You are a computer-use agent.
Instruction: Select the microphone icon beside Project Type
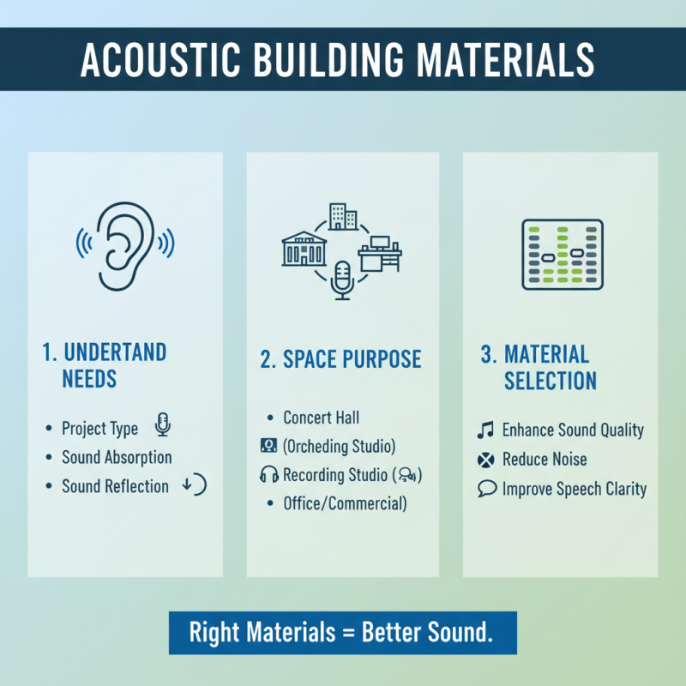pos(163,425)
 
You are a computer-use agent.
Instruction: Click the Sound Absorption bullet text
pos(117,457)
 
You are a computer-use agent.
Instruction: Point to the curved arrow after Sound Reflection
pos(196,486)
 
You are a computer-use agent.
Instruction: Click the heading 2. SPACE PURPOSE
pos(341,359)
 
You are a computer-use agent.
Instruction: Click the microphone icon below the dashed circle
pos(343,280)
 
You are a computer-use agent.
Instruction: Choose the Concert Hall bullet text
pos(322,418)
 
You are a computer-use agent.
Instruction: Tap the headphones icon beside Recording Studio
pos(268,474)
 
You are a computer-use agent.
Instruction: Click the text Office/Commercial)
pos(345,503)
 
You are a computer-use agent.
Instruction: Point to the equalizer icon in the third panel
pos(563,255)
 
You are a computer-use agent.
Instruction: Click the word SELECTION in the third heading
pos(551,380)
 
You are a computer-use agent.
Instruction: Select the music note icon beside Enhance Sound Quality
pos(485,429)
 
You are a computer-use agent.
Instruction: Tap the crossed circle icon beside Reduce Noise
pos(485,460)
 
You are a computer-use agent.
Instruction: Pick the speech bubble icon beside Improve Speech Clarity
pos(485,490)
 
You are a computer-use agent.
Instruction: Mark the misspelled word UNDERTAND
pos(113,352)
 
